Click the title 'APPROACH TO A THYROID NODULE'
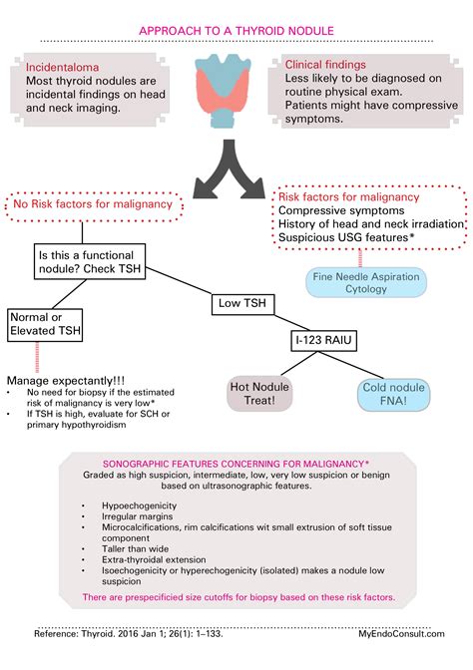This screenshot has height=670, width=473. pyautogui.click(x=236, y=31)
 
